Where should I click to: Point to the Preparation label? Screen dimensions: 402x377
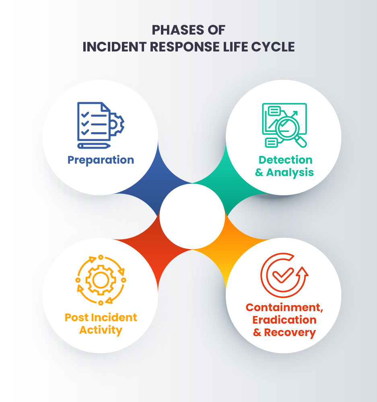pos(101,160)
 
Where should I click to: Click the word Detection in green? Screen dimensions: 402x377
pos(285,160)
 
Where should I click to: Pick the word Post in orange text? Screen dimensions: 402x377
pos(77,318)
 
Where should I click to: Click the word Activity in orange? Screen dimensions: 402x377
pos(101,330)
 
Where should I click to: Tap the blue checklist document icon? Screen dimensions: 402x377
pos(93,121)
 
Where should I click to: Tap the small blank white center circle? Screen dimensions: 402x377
pos(192,216)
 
